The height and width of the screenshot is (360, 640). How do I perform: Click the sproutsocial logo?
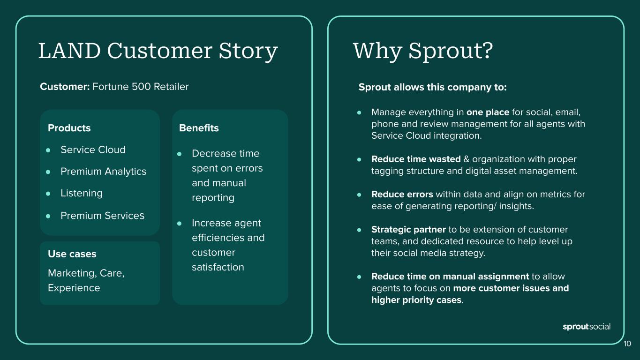click(x=586, y=327)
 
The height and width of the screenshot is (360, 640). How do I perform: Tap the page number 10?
click(x=627, y=344)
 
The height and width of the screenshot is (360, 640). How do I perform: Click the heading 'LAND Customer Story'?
click(x=158, y=51)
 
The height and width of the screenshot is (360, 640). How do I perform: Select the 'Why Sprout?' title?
click(x=422, y=51)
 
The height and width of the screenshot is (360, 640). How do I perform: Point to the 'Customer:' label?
click(x=65, y=87)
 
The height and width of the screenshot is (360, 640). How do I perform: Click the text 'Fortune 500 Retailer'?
click(x=141, y=87)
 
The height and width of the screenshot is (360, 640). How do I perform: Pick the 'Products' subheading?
click(x=69, y=128)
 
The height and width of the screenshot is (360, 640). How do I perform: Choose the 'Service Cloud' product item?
click(x=93, y=150)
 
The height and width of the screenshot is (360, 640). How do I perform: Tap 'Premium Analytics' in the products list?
click(x=103, y=172)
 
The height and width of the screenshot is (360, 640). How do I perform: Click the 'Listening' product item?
click(x=81, y=193)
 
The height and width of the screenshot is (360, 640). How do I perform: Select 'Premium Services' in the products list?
click(x=102, y=216)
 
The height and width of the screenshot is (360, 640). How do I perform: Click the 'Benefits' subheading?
click(x=199, y=128)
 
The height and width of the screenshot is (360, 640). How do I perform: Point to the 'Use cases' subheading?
click(x=72, y=254)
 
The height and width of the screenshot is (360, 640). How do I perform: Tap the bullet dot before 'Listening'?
click(x=48, y=194)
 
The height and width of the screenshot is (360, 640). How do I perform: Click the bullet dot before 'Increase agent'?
click(x=180, y=224)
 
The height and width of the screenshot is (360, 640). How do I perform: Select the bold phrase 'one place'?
click(x=488, y=112)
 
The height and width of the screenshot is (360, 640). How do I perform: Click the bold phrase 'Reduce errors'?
click(x=402, y=195)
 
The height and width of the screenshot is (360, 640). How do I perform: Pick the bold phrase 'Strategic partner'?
click(x=408, y=230)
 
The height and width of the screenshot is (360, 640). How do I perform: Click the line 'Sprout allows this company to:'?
click(x=432, y=88)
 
